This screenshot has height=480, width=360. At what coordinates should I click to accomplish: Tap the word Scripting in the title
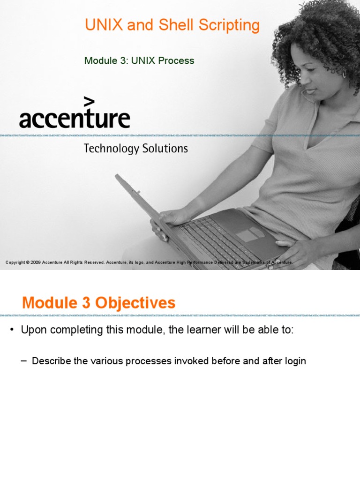[x=231, y=26]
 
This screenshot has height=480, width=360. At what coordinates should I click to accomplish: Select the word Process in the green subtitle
[x=176, y=61]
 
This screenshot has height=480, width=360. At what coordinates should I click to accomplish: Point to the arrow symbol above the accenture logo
[x=89, y=102]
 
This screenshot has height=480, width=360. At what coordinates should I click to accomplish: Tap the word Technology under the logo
[x=112, y=149]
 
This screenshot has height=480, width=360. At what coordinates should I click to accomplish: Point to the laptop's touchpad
[x=249, y=235]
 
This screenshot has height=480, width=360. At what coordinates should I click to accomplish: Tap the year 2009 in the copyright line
[x=36, y=262]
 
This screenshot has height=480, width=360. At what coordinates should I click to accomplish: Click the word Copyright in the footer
[x=15, y=262]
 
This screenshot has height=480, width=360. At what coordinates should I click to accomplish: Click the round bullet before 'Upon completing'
[x=13, y=330]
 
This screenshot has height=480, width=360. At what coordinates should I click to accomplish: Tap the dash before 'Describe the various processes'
[x=24, y=361]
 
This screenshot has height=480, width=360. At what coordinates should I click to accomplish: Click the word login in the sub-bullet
[x=294, y=361]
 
